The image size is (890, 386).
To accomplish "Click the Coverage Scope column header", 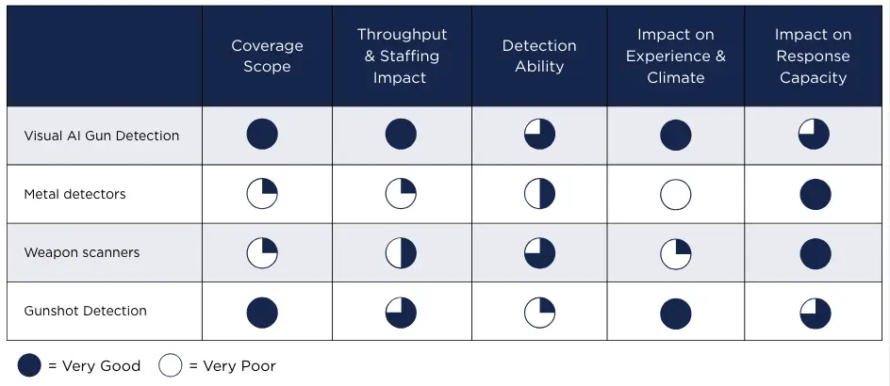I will [267, 56].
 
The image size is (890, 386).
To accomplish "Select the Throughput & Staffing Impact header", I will [402, 56].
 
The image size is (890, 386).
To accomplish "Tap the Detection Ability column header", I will [538, 56].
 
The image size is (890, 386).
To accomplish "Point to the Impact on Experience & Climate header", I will [675, 56].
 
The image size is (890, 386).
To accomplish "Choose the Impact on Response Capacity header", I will [813, 56].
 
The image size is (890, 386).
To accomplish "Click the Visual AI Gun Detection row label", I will [101, 136].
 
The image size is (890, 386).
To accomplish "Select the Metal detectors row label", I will [74, 194].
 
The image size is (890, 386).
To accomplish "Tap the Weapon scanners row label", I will [82, 252].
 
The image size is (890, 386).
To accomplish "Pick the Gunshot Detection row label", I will [85, 311].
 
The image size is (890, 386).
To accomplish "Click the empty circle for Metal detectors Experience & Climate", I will [675, 195].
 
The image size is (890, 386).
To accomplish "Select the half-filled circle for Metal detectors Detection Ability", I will [539, 195].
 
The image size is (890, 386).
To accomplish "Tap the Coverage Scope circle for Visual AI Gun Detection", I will [262, 135].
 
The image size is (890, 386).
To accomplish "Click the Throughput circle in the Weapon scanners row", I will [401, 253].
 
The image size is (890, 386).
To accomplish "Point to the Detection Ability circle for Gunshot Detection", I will [539, 313].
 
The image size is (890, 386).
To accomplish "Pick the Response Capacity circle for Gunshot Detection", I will [814, 313].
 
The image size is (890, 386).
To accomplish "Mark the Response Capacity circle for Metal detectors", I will [815, 195].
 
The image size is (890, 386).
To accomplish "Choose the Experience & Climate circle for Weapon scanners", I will [675, 253].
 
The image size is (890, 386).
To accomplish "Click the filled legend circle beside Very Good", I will [29, 365].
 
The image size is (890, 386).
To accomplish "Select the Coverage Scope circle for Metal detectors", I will [262, 195].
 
